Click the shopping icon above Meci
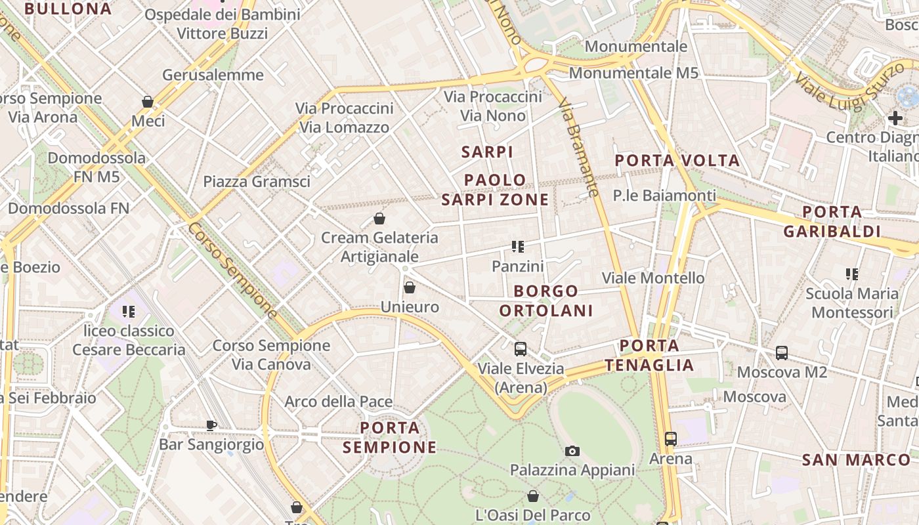click(148, 102)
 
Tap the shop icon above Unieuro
click(410, 287)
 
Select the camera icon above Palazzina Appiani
click(572, 451)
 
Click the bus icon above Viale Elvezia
click(521, 349)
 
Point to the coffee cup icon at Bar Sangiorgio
click(211, 425)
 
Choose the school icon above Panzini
click(518, 247)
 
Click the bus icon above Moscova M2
click(782, 353)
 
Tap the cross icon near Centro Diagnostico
click(895, 118)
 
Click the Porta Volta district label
click(677, 161)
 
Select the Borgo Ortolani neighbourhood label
click(546, 301)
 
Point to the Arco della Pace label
click(338, 402)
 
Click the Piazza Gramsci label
click(257, 182)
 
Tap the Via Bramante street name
click(578, 147)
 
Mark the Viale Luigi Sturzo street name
click(845, 83)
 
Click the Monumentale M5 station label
click(633, 73)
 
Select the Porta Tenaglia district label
click(649, 356)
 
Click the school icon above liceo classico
click(129, 312)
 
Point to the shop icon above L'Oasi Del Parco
click(533, 496)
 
